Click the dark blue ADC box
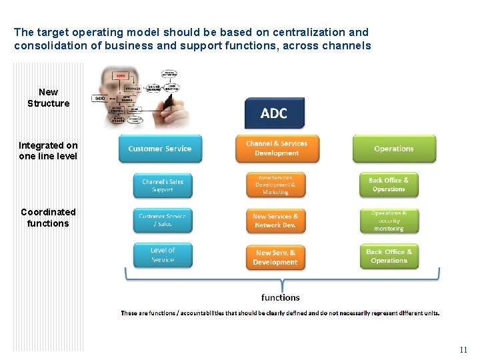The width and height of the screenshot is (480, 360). click(x=274, y=113)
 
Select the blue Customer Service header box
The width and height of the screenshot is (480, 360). click(x=159, y=149)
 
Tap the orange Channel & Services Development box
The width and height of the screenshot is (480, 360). click(x=277, y=149)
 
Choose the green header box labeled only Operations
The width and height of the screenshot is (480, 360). click(x=393, y=149)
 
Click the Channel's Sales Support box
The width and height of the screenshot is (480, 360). click(x=162, y=185)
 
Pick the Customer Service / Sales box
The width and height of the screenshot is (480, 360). click(x=162, y=221)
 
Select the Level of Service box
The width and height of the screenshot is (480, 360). click(x=162, y=255)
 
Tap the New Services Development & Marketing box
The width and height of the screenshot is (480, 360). click(x=275, y=185)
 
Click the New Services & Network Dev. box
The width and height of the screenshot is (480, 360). click(x=275, y=221)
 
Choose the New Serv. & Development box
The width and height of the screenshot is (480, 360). click(x=275, y=257)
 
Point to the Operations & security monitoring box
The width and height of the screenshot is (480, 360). click(x=389, y=221)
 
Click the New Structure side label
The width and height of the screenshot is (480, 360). click(x=48, y=97)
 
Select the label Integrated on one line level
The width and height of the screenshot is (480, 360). click(x=48, y=151)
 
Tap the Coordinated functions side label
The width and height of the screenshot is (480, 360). click(x=48, y=217)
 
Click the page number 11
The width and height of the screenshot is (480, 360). click(x=463, y=350)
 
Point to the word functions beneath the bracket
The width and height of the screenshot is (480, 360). click(x=280, y=297)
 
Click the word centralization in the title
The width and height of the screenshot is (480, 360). click(x=307, y=32)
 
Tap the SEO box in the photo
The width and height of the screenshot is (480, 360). click(x=100, y=98)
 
